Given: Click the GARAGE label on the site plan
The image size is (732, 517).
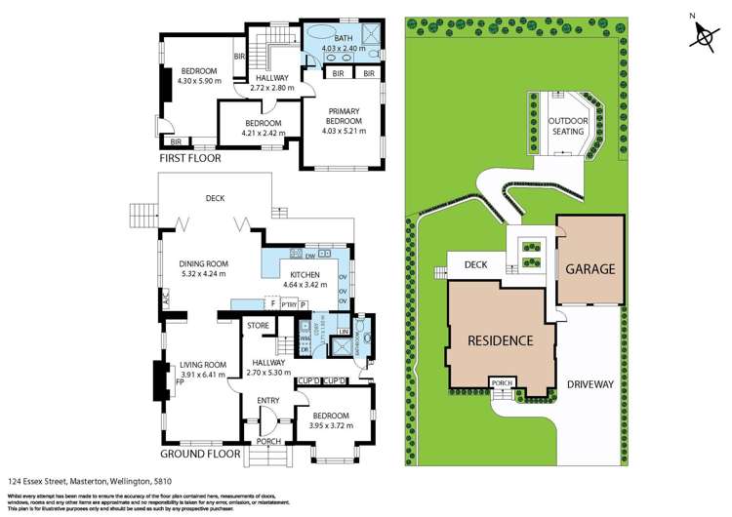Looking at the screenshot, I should click(590, 269).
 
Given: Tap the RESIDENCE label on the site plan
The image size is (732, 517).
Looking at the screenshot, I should click(499, 340).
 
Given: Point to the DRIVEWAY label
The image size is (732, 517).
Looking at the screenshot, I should click(590, 384).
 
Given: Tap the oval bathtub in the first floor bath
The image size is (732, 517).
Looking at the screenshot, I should click(319, 38).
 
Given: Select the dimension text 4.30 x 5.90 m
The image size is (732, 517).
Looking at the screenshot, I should click(199, 81).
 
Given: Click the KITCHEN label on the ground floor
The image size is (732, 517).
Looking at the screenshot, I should click(302, 275).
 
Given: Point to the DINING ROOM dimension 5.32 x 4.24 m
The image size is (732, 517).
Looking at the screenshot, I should click(202, 273).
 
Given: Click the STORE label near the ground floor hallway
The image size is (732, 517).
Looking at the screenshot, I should click(258, 325).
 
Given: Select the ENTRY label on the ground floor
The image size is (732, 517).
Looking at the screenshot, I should click(267, 400).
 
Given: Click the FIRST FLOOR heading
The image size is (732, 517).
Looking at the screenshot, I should click(190, 157).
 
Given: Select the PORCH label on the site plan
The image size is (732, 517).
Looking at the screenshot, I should click(503, 382).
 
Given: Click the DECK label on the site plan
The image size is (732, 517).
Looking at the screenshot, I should click(475, 263).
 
